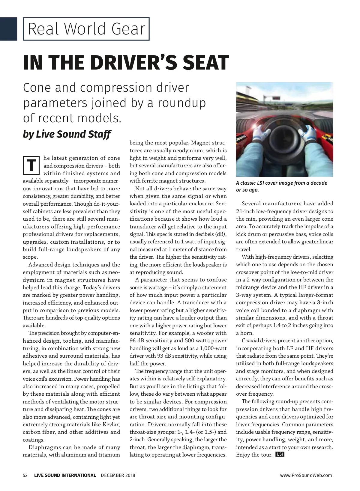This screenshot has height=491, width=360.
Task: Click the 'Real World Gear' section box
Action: click(86, 29)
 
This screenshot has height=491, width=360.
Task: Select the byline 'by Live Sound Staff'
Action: click(67, 134)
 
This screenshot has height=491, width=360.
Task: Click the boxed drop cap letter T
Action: click(31, 165)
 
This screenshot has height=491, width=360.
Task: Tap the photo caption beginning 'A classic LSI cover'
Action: click(281, 186)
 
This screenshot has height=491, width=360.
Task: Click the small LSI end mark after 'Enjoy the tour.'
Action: click(280, 454)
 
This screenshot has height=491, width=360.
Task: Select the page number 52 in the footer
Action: click(25, 475)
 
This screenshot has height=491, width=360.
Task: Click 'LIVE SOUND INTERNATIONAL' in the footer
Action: click(65, 475)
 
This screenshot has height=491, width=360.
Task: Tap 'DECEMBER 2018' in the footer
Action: click(118, 475)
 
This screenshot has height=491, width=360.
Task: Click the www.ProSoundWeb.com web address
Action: click(306, 475)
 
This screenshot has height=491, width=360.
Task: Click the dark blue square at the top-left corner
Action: click(8, 29)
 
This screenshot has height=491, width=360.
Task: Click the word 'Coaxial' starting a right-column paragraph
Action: click(251, 341)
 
